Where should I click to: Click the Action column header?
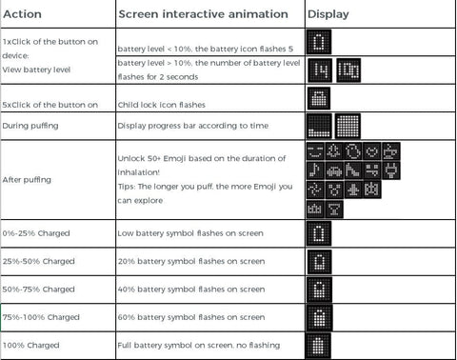[x=22, y=14]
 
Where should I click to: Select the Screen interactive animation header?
[x=203, y=14]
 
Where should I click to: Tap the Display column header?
[x=328, y=14]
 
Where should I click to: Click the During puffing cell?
[x=30, y=126]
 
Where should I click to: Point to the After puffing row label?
[x=27, y=180]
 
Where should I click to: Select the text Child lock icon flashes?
[x=162, y=105]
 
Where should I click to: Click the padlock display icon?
[x=319, y=98]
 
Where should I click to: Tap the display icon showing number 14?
[x=320, y=70]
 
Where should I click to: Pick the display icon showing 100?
[x=348, y=70]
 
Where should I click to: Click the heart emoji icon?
[x=372, y=151]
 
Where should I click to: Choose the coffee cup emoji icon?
[x=391, y=151]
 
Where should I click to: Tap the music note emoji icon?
[x=315, y=170]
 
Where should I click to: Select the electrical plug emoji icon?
[x=391, y=170]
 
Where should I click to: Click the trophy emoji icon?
[x=334, y=210]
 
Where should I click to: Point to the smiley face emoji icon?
[x=315, y=151]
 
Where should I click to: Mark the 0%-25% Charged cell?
[x=36, y=233]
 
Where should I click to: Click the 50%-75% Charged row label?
[x=38, y=290]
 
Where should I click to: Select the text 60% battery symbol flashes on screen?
[x=191, y=317]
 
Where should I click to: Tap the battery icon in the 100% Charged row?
[x=318, y=346]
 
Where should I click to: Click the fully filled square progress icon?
[x=348, y=126]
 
